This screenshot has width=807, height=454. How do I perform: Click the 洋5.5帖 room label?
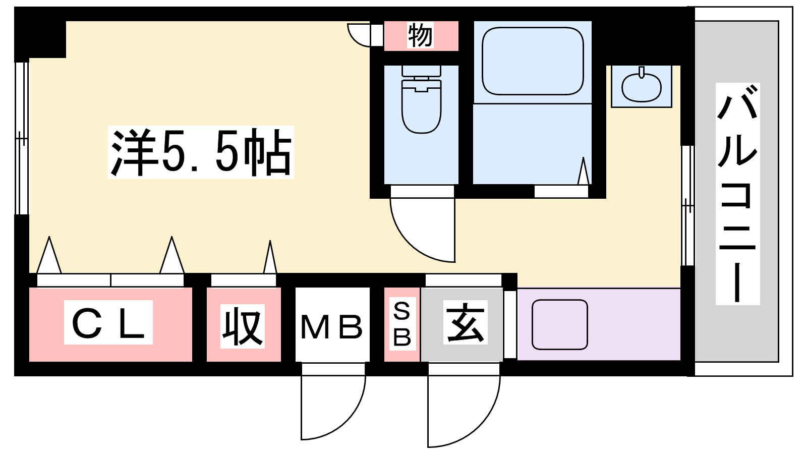click(x=201, y=152)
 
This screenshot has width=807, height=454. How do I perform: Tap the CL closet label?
click(x=108, y=322)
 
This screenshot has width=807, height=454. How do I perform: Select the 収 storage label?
click(x=243, y=326)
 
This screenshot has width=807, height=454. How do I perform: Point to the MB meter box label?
click(x=331, y=327)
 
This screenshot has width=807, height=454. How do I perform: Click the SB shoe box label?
click(x=401, y=324)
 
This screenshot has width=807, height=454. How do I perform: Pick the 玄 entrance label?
click(x=465, y=322)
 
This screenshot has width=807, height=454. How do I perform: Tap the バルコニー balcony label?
click(x=737, y=194)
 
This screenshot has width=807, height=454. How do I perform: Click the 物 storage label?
click(x=420, y=35)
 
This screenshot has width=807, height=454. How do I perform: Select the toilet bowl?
click(x=422, y=106)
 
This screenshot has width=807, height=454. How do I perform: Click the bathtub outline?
click(x=533, y=61)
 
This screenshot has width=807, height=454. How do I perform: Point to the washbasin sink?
click(x=642, y=88)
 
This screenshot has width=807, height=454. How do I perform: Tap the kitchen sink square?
click(x=560, y=324)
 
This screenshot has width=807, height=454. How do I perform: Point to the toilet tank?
click(x=421, y=71)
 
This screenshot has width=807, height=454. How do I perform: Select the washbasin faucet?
click(x=642, y=72)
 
